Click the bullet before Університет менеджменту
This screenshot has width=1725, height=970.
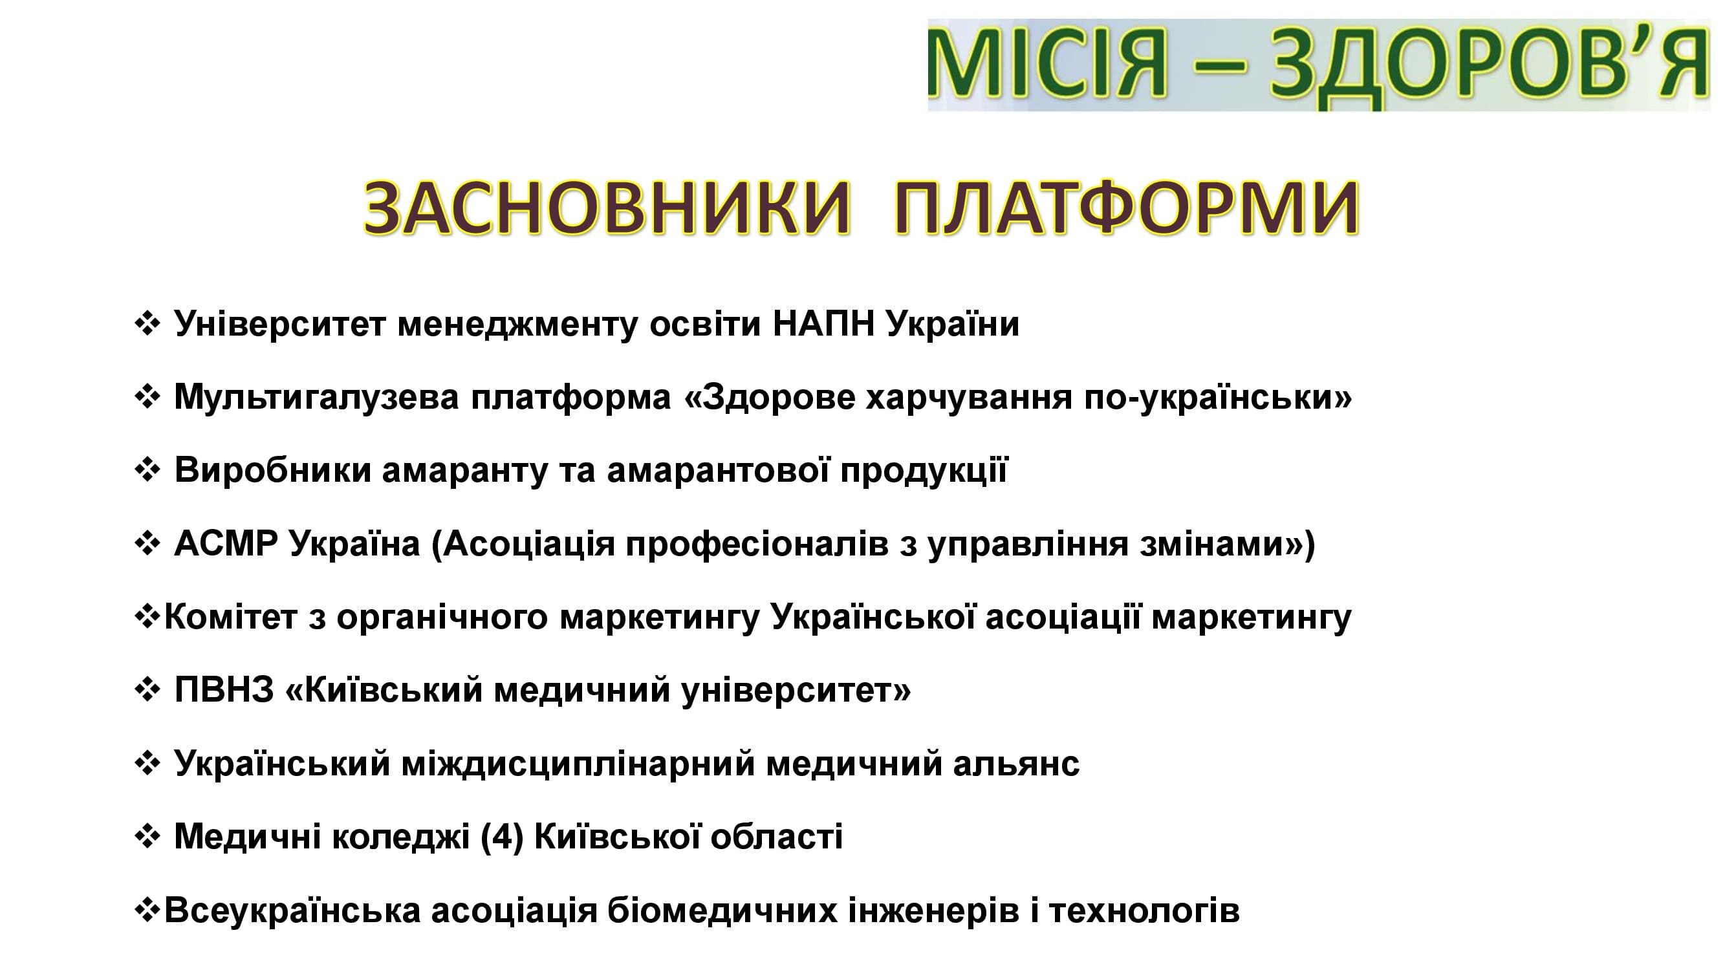point(147,324)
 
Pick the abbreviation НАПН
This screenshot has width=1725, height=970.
point(823,324)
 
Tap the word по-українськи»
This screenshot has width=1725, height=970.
point(1217,398)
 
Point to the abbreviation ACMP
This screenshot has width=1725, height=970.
point(226,544)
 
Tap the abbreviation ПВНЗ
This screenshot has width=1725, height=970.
point(224,690)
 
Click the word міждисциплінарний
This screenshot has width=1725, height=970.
point(579,764)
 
